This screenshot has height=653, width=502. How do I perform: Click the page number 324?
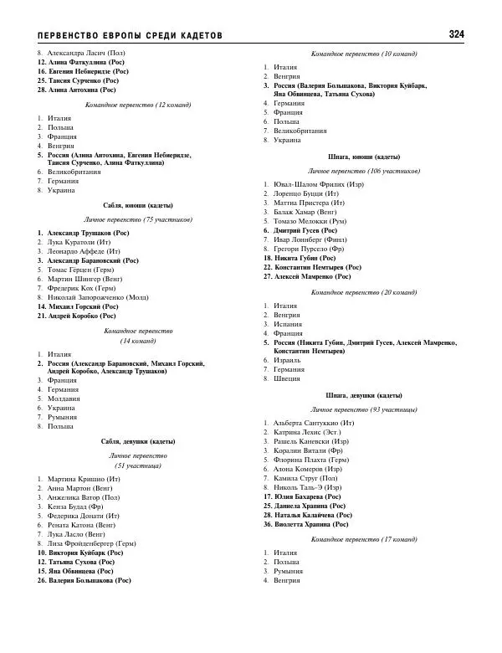[456, 34]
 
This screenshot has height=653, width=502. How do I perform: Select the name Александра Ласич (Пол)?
[80, 53]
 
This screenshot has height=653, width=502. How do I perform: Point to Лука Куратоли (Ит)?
[79, 242]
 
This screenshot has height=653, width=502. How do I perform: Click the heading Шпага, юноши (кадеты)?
[363, 157]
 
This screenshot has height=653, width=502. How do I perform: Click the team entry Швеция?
[287, 378]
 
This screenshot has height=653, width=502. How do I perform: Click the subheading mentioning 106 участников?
[363, 170]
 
